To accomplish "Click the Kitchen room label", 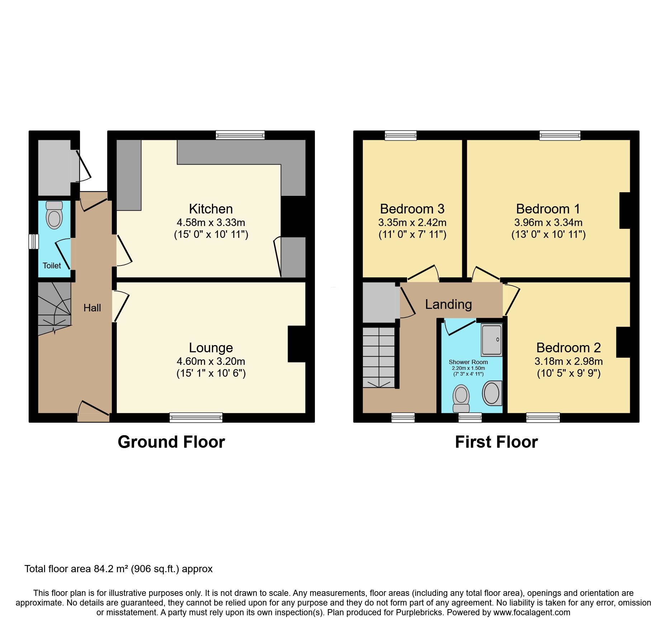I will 211,209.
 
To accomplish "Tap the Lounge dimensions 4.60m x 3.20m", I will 211,361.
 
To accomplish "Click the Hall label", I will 92,308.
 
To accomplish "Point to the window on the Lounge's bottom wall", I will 196,417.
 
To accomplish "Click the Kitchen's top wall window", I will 240,135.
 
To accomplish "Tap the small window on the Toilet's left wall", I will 34,241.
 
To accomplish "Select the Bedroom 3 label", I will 412,209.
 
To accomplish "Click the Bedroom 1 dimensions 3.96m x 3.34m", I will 548,222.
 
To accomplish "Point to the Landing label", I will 448,304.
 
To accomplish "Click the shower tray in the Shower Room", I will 491,340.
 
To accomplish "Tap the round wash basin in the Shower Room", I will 492,393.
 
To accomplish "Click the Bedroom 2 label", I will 568,348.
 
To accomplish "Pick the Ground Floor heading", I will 171,442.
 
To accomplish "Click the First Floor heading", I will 496,442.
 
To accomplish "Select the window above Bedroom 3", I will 401,135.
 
